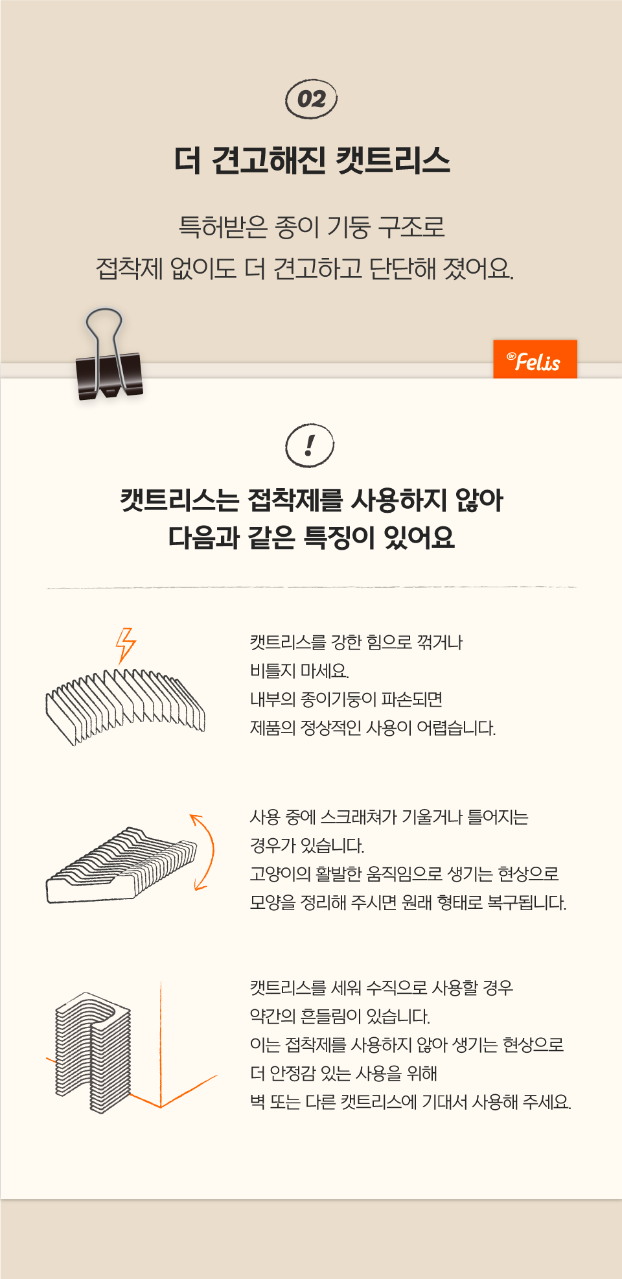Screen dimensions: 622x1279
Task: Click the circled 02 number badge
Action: point(312,99)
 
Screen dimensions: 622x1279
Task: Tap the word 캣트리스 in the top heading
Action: point(393,160)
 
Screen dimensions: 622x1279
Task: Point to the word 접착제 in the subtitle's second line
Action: point(129,268)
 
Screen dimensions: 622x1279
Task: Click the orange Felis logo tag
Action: point(535,359)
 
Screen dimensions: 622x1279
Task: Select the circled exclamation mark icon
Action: point(310,445)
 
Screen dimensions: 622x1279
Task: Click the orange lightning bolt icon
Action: point(126,646)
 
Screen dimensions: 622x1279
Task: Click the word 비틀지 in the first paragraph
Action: point(273,671)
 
